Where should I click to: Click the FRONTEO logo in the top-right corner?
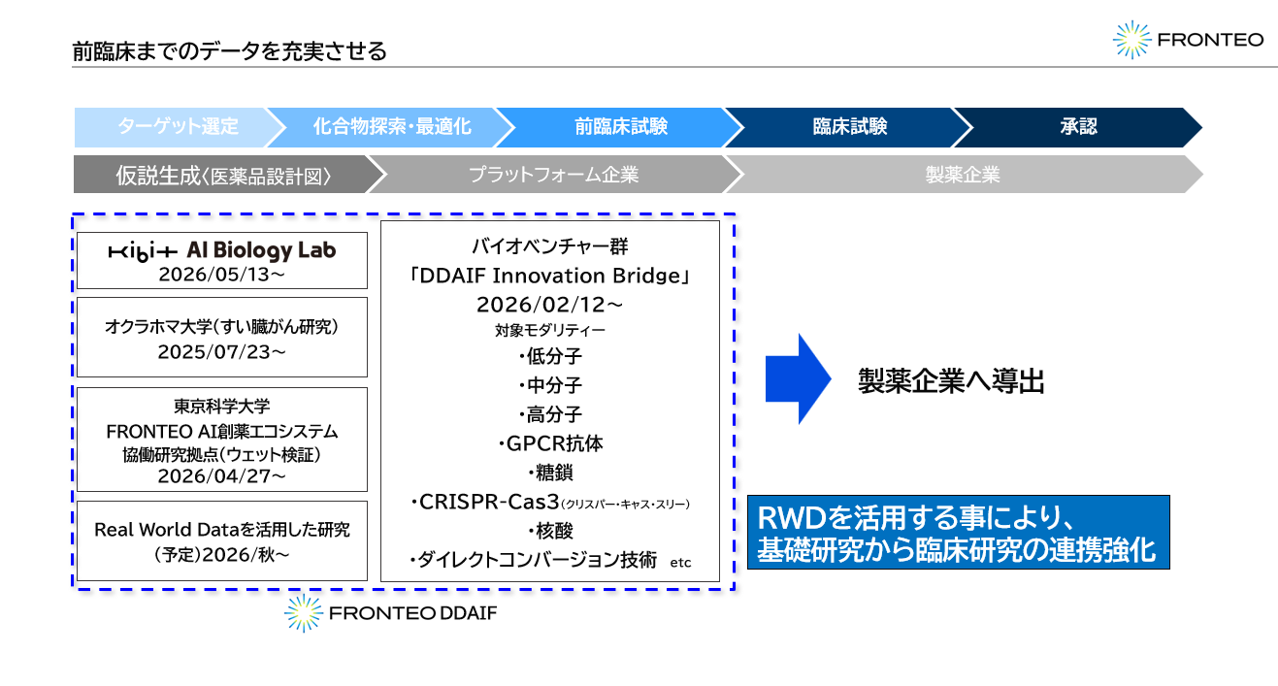(x=1188, y=40)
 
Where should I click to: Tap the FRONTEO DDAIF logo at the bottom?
(x=391, y=613)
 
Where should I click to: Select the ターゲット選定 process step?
(x=178, y=127)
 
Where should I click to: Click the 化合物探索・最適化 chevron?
(x=392, y=127)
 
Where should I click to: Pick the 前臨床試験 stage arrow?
(x=621, y=127)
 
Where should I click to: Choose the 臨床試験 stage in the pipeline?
(x=850, y=127)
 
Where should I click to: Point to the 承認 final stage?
(x=1078, y=127)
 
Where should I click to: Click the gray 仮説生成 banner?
(x=223, y=175)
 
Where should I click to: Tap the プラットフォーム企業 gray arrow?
(x=553, y=175)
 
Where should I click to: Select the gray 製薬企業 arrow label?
(x=963, y=175)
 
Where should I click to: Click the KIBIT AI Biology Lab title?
(x=222, y=250)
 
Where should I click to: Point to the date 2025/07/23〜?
(x=222, y=352)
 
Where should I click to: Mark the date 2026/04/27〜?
(x=222, y=476)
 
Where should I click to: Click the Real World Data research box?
(x=222, y=541)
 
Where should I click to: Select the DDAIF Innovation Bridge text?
(x=550, y=276)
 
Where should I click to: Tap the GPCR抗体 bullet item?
(x=550, y=444)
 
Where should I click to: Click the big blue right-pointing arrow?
(x=799, y=379)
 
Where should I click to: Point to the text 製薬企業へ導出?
(x=952, y=381)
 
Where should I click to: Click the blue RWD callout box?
(x=959, y=533)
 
